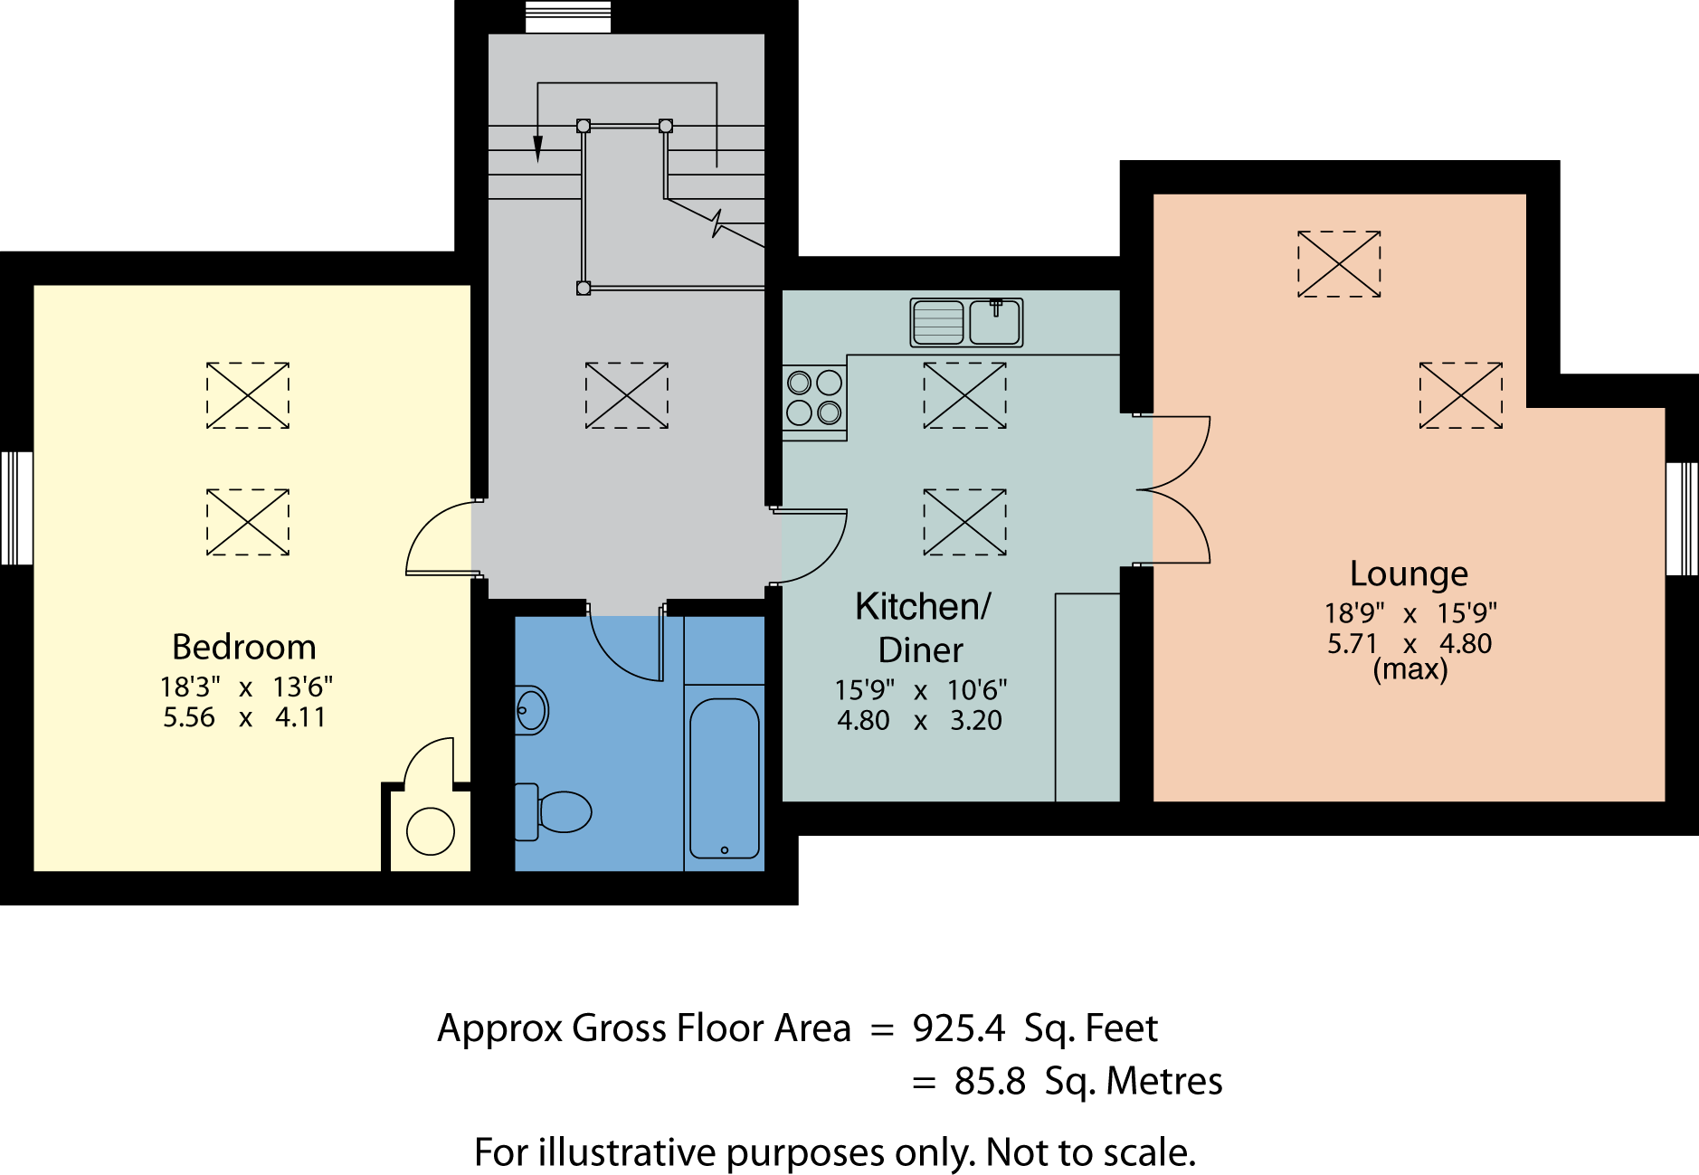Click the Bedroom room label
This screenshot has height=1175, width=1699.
tap(244, 648)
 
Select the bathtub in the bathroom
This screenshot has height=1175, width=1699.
tap(724, 778)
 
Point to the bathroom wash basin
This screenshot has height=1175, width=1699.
tap(531, 710)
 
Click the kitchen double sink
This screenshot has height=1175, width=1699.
tap(966, 322)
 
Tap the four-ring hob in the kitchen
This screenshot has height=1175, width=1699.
tap(814, 398)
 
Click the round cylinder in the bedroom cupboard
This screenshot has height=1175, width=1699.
tap(431, 830)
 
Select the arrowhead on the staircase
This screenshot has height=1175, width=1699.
tap(538, 149)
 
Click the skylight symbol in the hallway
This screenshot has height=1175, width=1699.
tap(627, 395)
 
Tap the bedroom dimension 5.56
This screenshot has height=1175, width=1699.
tap(189, 717)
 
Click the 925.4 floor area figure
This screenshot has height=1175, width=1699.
tap(959, 1028)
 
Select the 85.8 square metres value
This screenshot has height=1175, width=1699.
tap(990, 1082)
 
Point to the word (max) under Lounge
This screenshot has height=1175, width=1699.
tap(1410, 670)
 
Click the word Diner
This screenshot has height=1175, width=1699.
tap(921, 650)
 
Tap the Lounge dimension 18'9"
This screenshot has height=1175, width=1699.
tap(1354, 613)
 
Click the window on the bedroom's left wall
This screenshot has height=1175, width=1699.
tap(16, 508)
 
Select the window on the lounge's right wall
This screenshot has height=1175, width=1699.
tap(1683, 519)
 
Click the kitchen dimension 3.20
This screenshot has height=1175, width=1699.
tap(976, 721)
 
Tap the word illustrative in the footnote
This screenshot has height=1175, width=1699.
tap(629, 1152)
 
